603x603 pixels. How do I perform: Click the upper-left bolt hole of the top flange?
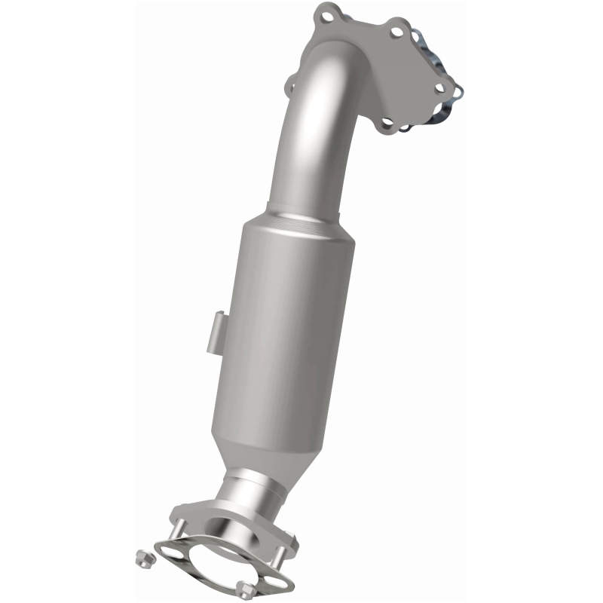point(326,12)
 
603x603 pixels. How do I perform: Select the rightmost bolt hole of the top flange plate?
point(442,87)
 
